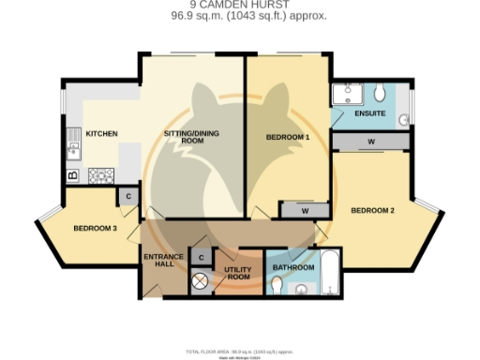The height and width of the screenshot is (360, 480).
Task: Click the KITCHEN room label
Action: click(x=101, y=134)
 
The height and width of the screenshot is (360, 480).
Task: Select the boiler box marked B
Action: click(x=72, y=175)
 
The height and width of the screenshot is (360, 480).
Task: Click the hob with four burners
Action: click(x=100, y=174)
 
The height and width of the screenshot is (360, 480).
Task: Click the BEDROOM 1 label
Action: click(x=288, y=138)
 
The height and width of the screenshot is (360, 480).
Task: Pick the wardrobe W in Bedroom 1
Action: click(x=305, y=211)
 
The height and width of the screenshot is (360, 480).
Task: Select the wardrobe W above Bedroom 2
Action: click(x=372, y=142)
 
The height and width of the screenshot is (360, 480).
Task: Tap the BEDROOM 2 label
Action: click(x=373, y=210)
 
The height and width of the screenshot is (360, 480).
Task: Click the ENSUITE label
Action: click(x=369, y=114)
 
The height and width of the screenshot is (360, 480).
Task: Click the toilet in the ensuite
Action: click(x=381, y=94)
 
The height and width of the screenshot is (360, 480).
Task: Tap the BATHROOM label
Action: click(x=293, y=268)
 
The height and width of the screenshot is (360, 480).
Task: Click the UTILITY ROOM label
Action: click(x=239, y=273)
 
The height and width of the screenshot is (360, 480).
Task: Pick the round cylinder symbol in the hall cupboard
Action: click(x=200, y=278)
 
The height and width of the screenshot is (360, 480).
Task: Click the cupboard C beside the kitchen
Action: click(x=128, y=196)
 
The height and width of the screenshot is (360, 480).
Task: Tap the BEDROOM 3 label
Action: click(x=95, y=228)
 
